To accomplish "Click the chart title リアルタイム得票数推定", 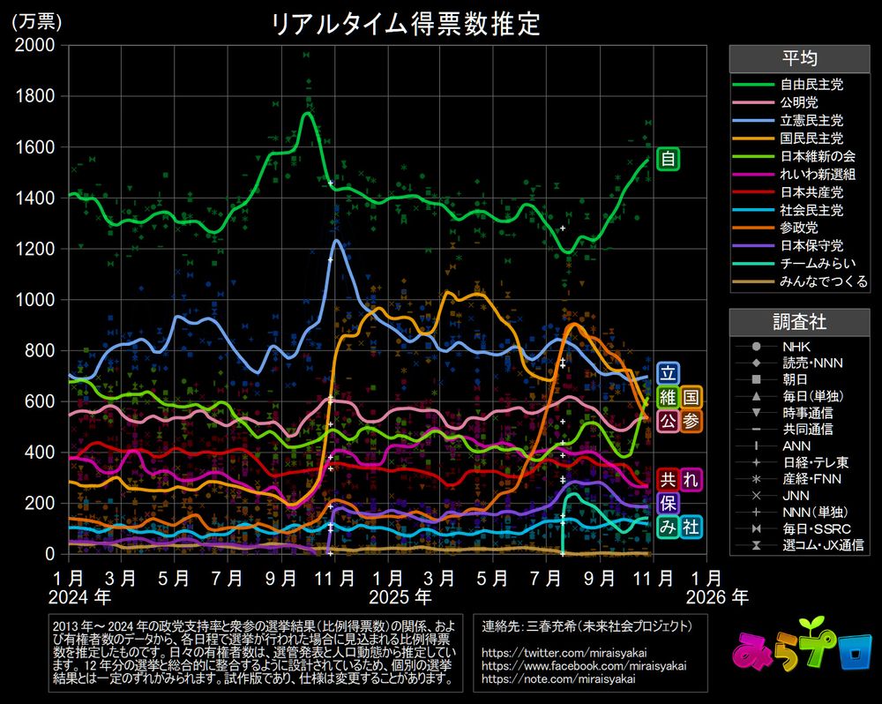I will (x=405, y=24).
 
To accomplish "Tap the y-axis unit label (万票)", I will (x=34, y=22).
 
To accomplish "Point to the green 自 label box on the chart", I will (x=669, y=160).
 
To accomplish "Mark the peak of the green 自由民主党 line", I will (x=307, y=113).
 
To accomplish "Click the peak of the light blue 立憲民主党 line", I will (x=337, y=240).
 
